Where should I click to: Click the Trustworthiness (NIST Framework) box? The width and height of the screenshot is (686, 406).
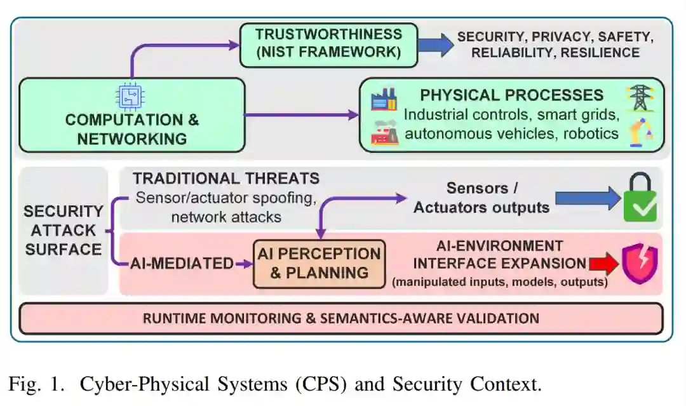[x=328, y=44]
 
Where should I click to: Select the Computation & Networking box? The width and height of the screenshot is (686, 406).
[x=131, y=115]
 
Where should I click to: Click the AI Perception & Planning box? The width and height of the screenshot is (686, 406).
[x=319, y=263]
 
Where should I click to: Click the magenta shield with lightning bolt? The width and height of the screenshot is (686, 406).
[x=639, y=263]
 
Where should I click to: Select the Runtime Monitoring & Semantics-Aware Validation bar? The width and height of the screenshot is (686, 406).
[x=341, y=318]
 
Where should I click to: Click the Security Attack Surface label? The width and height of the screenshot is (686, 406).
[x=63, y=230]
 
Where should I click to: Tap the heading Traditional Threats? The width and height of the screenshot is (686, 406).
[x=226, y=179]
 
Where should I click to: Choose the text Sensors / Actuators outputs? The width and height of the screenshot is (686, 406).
[x=481, y=198]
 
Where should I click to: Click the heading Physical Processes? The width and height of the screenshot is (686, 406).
[x=511, y=95]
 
